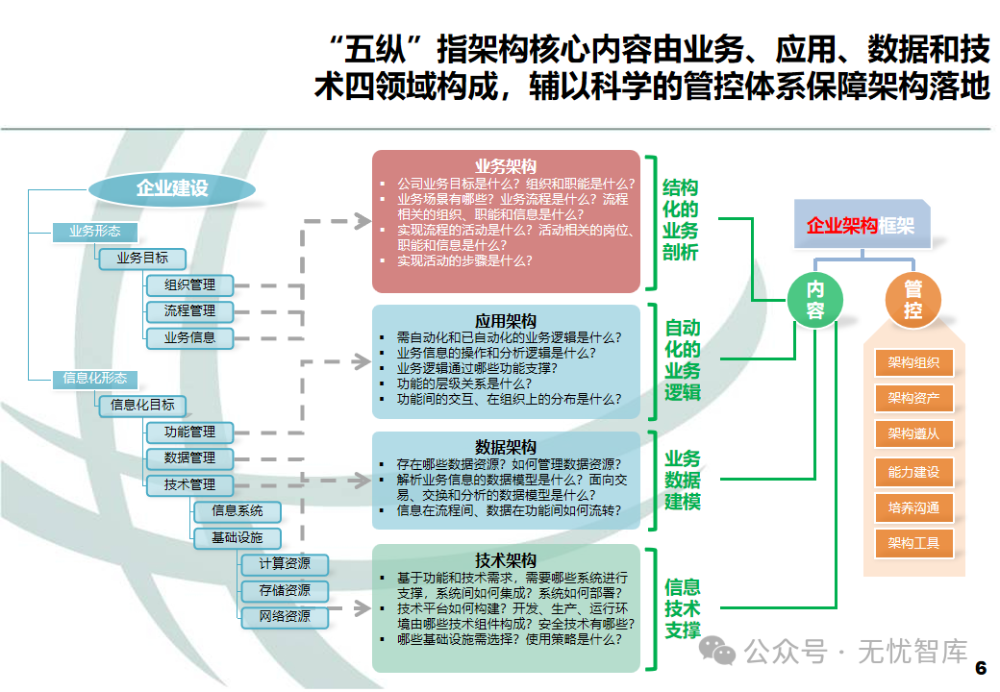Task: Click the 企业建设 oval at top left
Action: click(x=172, y=188)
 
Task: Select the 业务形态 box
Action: click(x=94, y=232)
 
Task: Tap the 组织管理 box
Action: click(x=189, y=284)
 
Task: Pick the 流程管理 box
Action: click(x=189, y=310)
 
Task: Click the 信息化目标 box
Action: click(x=142, y=405)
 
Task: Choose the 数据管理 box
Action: click(x=189, y=457)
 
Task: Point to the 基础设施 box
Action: click(x=237, y=537)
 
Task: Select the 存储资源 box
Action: click(x=284, y=590)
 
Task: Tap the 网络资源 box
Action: click(x=284, y=616)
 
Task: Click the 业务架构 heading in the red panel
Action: click(x=506, y=166)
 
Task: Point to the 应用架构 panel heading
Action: click(x=506, y=321)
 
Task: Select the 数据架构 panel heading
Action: click(x=506, y=447)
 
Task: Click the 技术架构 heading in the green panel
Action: click(x=506, y=560)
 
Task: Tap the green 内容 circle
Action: click(x=815, y=299)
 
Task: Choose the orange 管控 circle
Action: click(x=912, y=299)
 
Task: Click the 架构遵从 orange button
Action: click(x=913, y=434)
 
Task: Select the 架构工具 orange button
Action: click(x=913, y=543)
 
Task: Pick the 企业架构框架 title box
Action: click(x=861, y=226)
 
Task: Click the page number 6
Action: click(x=981, y=668)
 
